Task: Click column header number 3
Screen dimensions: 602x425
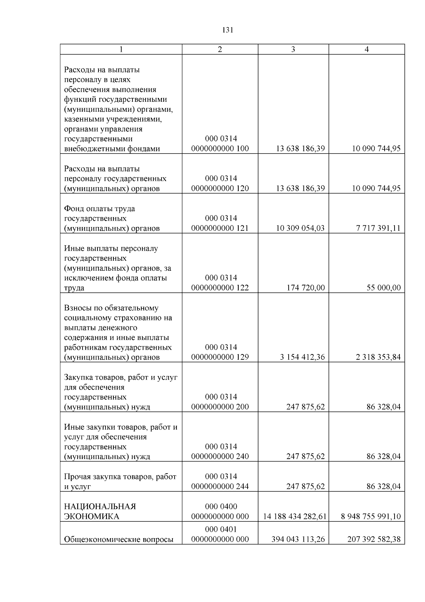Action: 293,50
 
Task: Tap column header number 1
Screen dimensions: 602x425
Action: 121,50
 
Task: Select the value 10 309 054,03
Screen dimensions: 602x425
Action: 300,228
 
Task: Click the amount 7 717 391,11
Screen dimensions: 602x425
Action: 378,228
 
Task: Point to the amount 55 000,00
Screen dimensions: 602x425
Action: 384,288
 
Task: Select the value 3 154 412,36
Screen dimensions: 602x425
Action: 302,357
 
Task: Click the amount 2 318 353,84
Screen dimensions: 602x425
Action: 378,357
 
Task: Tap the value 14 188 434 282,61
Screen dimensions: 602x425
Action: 294,517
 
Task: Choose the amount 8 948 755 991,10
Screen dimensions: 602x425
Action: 371,517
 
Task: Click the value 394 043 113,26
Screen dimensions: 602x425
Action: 298,540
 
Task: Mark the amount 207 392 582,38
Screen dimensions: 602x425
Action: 374,540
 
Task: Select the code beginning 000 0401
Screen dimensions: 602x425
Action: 220,534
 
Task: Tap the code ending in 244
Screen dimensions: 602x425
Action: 220,481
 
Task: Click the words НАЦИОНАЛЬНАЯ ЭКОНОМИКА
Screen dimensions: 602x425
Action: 100,512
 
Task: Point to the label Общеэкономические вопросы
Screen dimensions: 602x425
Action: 119,540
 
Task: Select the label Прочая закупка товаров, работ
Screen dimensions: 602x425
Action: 120,477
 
